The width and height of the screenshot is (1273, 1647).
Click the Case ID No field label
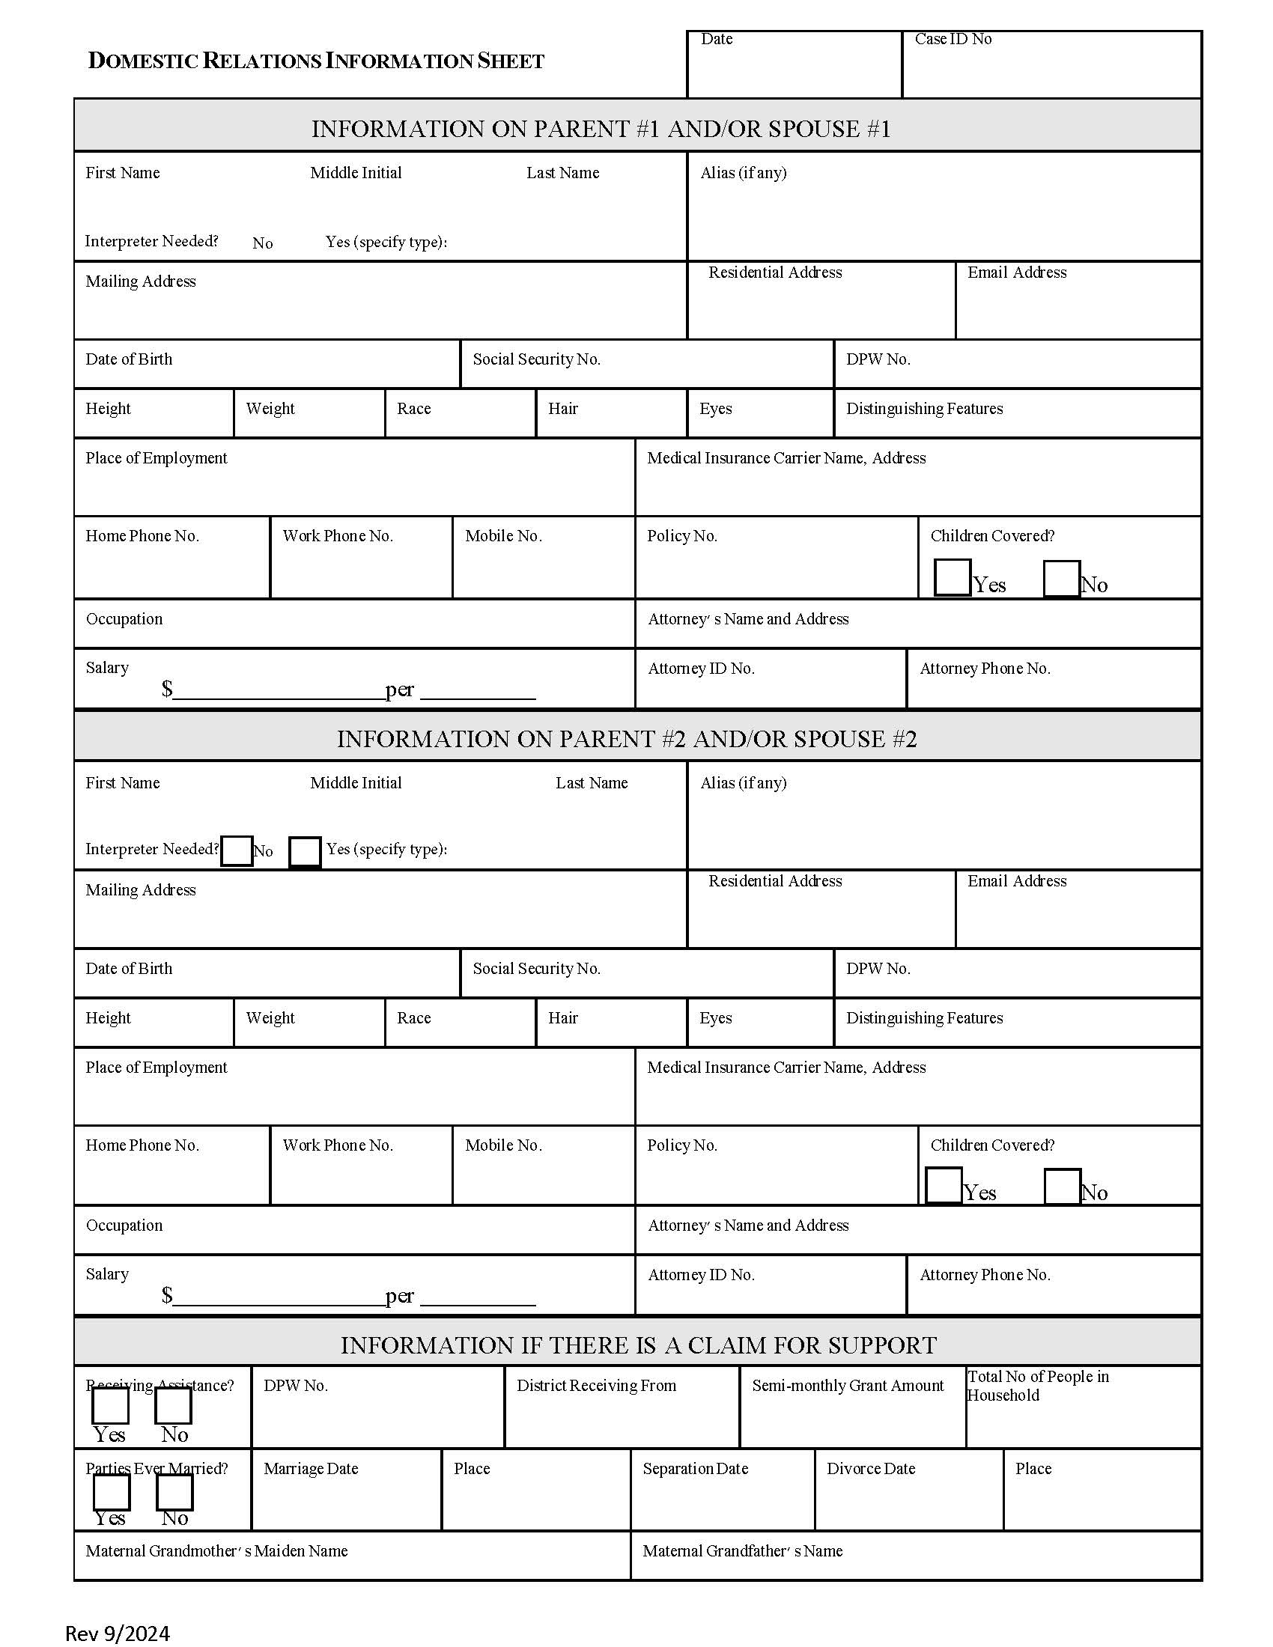coord(953,39)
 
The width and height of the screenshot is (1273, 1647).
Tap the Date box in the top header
coord(793,65)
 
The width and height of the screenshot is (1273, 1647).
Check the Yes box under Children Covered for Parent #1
coord(952,578)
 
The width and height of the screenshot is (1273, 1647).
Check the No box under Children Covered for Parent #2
coord(1062,1187)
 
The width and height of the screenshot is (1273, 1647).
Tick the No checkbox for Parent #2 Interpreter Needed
coord(237,850)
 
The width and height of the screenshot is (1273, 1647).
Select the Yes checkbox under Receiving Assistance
coord(110,1405)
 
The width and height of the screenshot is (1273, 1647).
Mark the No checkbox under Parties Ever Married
coord(174,1491)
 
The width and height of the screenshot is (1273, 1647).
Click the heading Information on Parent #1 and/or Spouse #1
coord(601,129)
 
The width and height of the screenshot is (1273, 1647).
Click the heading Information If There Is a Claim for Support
coord(638,1345)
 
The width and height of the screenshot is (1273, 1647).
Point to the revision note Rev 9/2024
coord(118,1633)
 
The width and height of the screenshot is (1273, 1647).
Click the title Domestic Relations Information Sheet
coord(316,61)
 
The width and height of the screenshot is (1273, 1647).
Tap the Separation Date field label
coord(695,1468)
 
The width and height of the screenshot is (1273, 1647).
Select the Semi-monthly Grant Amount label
coord(847,1385)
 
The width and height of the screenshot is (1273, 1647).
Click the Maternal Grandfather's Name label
coord(742,1550)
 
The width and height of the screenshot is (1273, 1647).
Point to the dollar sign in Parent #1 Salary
coord(167,689)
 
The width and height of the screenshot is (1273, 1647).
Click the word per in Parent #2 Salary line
coord(399,1296)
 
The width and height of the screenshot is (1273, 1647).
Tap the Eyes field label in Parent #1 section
coord(715,409)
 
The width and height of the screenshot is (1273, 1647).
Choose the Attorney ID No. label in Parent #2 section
coord(701,1274)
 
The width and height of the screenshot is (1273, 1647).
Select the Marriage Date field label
coord(311,1468)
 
